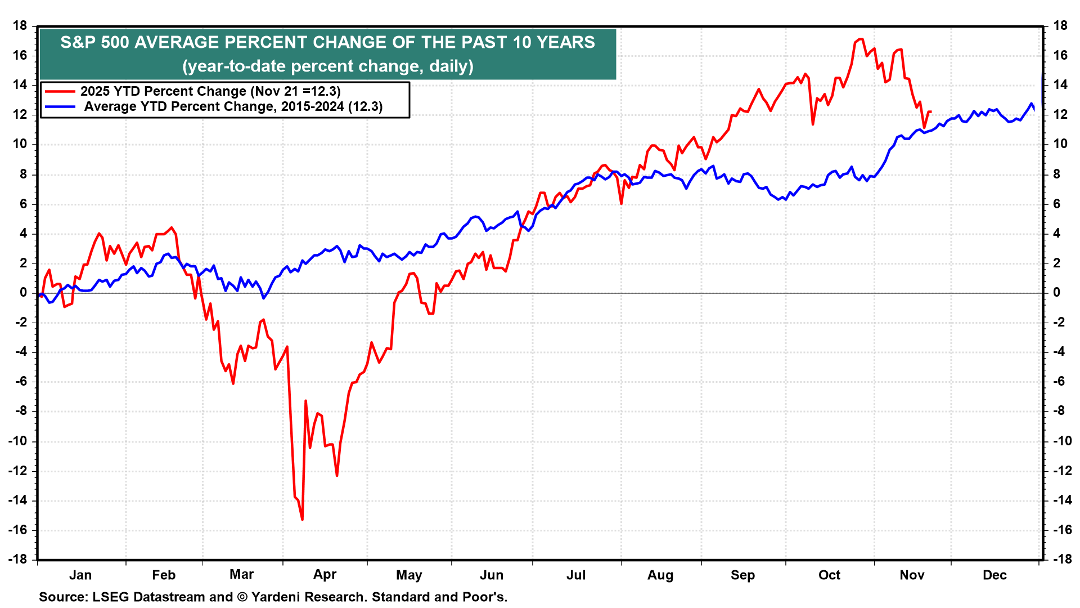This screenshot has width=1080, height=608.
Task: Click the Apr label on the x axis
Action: pyautogui.click(x=325, y=575)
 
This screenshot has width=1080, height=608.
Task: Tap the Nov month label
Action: pyautogui.click(x=912, y=575)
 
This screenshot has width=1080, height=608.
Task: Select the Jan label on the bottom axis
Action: pyautogui.click(x=80, y=575)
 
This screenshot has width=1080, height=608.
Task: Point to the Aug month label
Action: pyautogui.click(x=660, y=575)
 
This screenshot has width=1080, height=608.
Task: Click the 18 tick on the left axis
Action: pyautogui.click(x=20, y=25)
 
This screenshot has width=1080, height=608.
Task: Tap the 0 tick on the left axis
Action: pyautogui.click(x=24, y=292)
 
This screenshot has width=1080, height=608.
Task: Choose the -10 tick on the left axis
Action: pyautogui.click(x=17, y=441)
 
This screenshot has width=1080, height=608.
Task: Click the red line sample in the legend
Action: pyautogui.click(x=60, y=91)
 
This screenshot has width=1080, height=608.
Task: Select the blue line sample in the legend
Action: pyautogui.click(x=60, y=106)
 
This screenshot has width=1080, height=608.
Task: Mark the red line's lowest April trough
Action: pyautogui.click(x=302, y=519)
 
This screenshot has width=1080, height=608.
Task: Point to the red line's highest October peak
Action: pyautogui.click(x=860, y=39)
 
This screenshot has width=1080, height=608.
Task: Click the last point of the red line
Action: pyautogui.click(x=930, y=111)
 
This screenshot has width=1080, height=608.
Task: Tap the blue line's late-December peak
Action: pyautogui.click(x=1031, y=104)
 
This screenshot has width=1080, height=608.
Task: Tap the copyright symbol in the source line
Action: pyautogui.click(x=242, y=597)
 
